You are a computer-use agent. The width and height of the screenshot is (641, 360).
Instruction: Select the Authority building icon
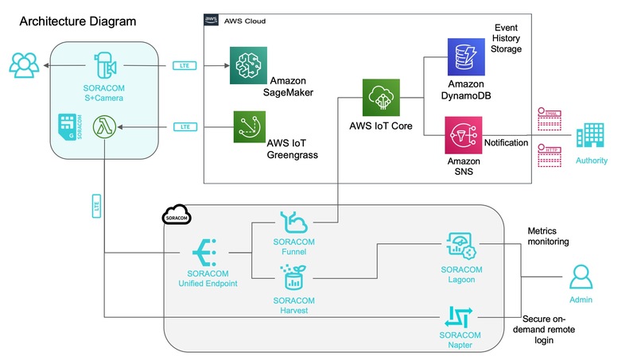point(590,137)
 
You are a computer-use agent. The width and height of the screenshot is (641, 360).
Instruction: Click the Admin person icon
point(580,278)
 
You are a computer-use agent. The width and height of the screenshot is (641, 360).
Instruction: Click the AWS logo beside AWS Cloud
point(212,20)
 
